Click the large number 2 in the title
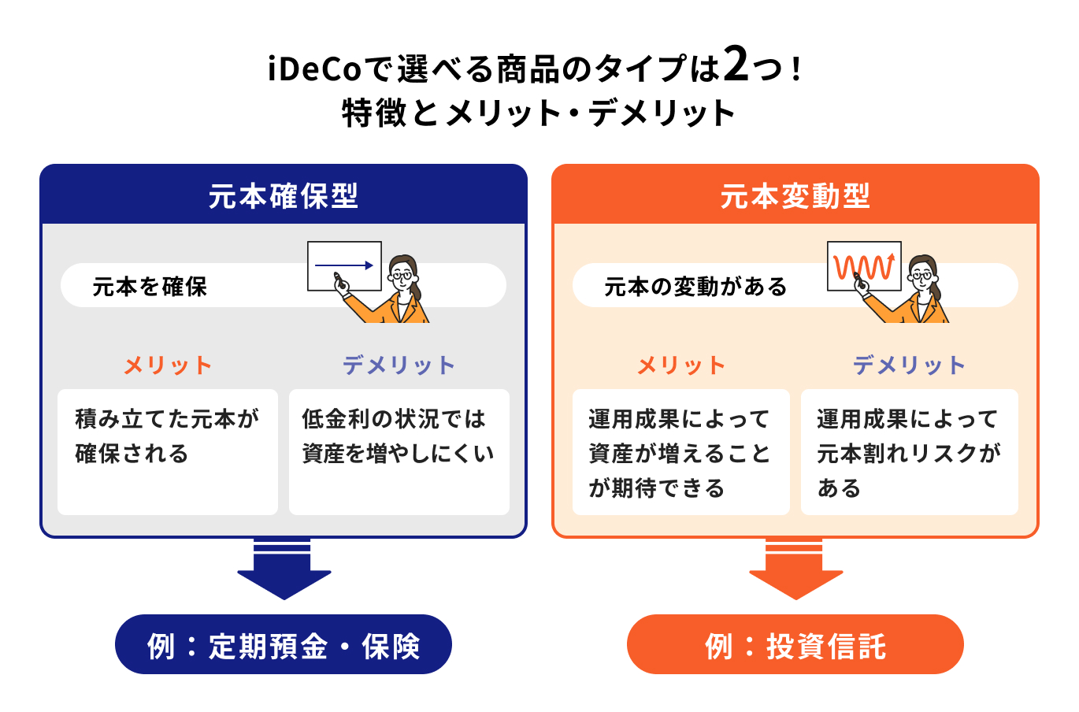pos(736,65)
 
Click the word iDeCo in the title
pos(313,69)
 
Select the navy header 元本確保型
pos(284,195)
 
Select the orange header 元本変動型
pos(795,195)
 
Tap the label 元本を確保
pos(150,287)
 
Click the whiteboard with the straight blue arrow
pos(344,265)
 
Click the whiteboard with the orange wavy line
pos(864,265)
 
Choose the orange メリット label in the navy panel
pos(168,365)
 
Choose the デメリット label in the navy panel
pos(399,365)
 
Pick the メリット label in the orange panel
pos(680,365)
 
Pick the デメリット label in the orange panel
pos(909,365)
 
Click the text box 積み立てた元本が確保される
pos(168,451)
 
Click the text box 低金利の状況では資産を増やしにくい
pos(399,451)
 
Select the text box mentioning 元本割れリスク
pos(909,451)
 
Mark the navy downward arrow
pos(284,571)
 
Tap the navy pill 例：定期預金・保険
pos(284,645)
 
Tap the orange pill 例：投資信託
pos(795,645)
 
